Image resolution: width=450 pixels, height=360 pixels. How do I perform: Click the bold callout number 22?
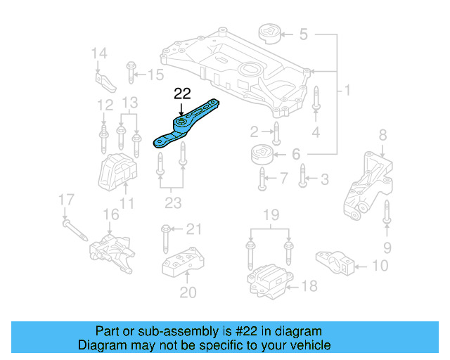[x=182, y=94]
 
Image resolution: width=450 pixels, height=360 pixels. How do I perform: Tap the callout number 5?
[x=303, y=33]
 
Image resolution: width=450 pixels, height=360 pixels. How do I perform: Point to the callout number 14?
[x=99, y=53]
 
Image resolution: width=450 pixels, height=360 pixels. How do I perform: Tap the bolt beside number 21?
[x=165, y=239]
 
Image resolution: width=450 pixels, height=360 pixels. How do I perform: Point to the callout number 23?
[x=172, y=203]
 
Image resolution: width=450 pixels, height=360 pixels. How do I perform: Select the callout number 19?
[x=271, y=214]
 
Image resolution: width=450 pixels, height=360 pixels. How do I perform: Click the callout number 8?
[x=382, y=134]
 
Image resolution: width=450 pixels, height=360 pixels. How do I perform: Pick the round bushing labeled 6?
[x=262, y=155]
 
